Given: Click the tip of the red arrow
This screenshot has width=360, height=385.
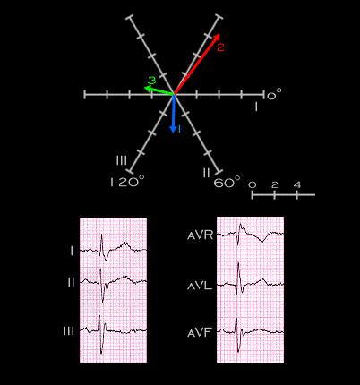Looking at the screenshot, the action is (219, 34).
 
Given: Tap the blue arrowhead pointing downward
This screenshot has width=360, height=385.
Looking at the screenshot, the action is (173, 130).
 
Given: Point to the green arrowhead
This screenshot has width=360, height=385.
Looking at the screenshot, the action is (147, 88).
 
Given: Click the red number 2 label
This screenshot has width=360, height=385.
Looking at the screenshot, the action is (220, 47).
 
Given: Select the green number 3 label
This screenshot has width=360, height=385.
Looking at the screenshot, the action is (152, 81).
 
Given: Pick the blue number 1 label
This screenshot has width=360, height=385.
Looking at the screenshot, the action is (179, 129).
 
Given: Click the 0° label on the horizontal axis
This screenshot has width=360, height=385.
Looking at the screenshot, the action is (274, 95).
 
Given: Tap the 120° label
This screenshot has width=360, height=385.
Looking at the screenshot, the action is (127, 181).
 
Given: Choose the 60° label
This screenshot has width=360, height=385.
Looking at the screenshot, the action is (227, 182).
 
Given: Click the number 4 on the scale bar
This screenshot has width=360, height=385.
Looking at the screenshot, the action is (297, 185).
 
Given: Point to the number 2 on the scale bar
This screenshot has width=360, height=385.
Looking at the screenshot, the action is (275, 185).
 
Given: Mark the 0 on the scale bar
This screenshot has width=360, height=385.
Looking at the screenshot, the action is (253, 185).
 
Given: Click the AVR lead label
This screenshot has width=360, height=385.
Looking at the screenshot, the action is (201, 235).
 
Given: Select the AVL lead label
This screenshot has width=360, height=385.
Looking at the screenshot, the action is (200, 286).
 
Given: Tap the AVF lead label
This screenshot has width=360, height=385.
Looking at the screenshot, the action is (200, 332).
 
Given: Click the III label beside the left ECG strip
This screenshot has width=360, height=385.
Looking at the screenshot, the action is (69, 331).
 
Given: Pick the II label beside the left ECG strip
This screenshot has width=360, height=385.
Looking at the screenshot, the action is (71, 282).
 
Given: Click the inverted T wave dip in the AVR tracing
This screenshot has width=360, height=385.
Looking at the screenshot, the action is (263, 242).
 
